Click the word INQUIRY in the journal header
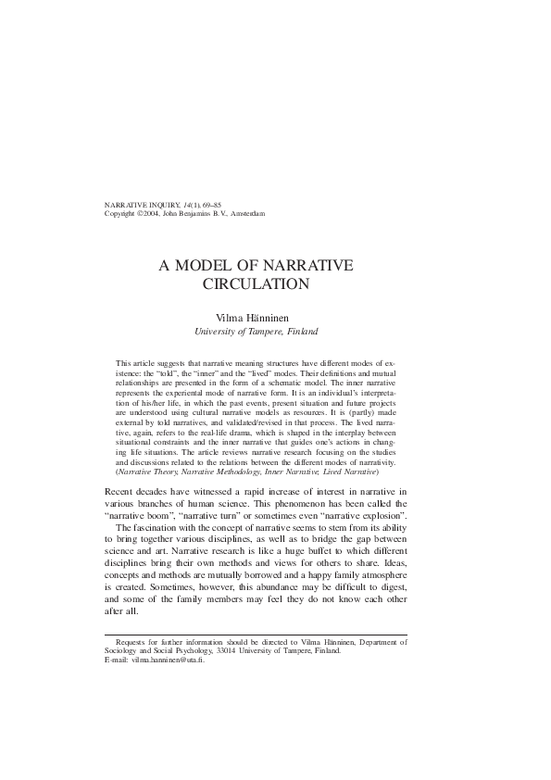tap(165, 204)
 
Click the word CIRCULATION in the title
tap(256, 284)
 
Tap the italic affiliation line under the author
tap(256, 330)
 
